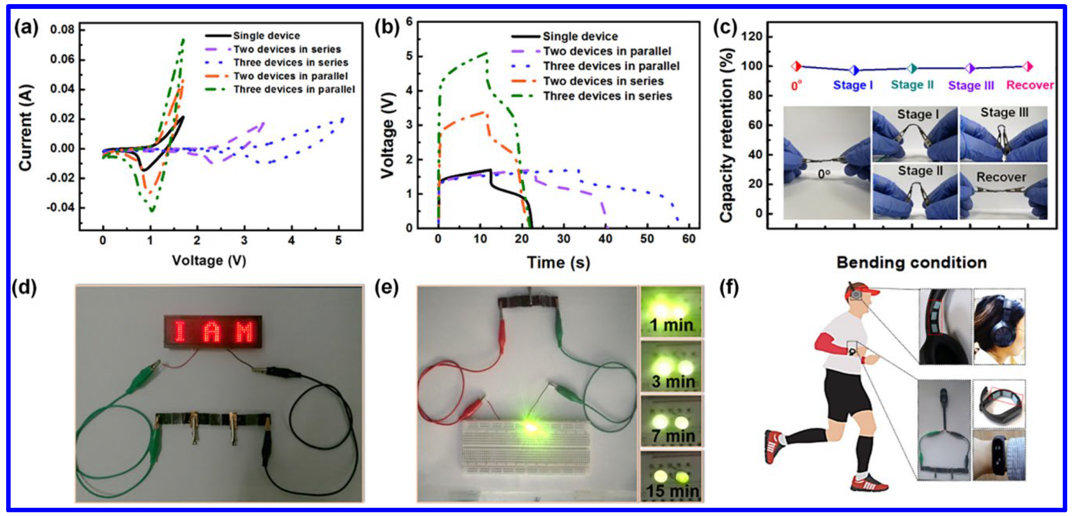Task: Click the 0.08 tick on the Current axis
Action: pyautogui.click(x=62, y=30)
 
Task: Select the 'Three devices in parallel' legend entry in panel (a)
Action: pyautogui.click(x=294, y=89)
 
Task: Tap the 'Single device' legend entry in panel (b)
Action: pyautogui.click(x=580, y=37)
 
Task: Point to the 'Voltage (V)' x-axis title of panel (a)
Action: pyautogui.click(x=209, y=261)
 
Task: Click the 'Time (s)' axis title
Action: pyautogui.click(x=558, y=263)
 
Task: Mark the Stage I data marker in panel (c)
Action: pyautogui.click(x=854, y=70)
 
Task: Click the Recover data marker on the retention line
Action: pyautogui.click(x=1028, y=66)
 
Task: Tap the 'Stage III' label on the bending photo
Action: pyautogui.click(x=1004, y=113)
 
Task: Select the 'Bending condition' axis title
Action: pyautogui.click(x=911, y=263)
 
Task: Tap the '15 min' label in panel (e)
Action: pyautogui.click(x=672, y=491)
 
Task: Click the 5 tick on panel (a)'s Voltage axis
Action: pyautogui.click(x=339, y=240)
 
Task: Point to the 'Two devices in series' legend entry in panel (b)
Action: pyautogui.click(x=603, y=81)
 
